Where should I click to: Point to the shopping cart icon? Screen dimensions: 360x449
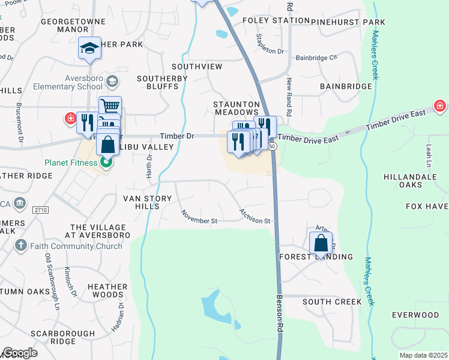(x=110, y=107)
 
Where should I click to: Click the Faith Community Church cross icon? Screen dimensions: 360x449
(x=20, y=244)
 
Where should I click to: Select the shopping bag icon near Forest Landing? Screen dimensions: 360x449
(x=321, y=244)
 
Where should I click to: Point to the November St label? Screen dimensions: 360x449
(x=199, y=217)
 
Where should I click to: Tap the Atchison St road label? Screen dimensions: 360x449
(x=256, y=217)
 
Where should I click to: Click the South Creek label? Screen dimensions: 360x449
(x=332, y=301)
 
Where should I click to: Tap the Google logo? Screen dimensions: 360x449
(x=20, y=352)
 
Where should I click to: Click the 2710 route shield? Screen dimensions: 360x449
(x=40, y=209)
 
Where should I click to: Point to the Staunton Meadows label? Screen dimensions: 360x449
(x=237, y=108)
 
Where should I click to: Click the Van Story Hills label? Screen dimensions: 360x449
(x=141, y=202)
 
